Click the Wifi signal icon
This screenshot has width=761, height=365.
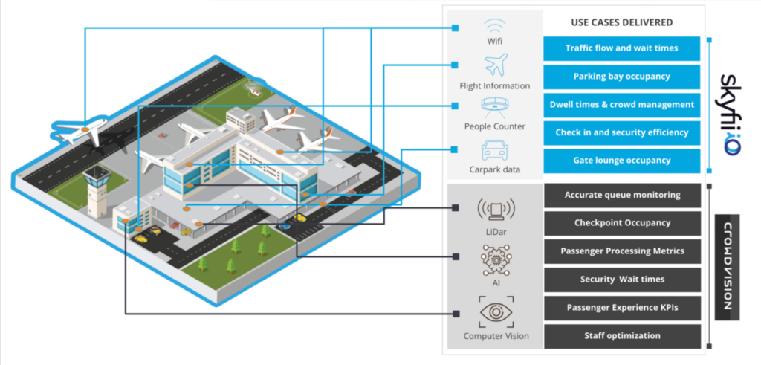494,25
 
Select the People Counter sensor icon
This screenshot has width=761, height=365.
494,106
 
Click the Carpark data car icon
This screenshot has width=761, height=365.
494,151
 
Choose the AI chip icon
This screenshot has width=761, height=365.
494,259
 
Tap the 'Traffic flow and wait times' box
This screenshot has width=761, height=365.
621,48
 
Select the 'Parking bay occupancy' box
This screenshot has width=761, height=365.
621,77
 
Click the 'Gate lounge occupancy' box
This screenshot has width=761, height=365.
621,161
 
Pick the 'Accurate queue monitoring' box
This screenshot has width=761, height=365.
621,196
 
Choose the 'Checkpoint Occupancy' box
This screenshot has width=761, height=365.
621,223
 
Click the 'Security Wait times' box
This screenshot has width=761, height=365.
621,280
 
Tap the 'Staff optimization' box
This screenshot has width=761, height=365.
621,336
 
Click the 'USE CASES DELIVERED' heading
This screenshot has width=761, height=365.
621,22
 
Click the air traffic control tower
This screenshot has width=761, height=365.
97,193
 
